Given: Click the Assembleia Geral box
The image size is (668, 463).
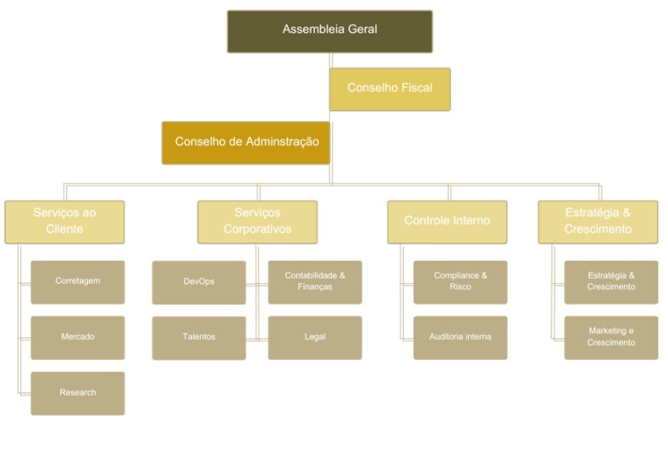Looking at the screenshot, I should pyautogui.click(x=330, y=32).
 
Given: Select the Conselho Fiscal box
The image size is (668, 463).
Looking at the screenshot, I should pyautogui.click(x=390, y=89).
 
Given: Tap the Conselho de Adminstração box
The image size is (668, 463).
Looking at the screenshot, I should pyautogui.click(x=246, y=143).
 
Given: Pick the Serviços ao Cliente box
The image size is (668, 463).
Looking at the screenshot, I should pyautogui.click(x=65, y=222).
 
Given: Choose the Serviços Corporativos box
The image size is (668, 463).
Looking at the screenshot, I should pyautogui.click(x=257, y=222).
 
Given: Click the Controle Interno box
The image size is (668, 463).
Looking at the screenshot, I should pyautogui.click(x=447, y=222).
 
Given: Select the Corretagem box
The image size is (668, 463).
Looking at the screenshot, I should pyautogui.click(x=78, y=282).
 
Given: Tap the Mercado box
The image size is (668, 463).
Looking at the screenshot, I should pyautogui.click(x=78, y=337).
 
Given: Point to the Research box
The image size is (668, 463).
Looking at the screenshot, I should pyautogui.click(x=78, y=393).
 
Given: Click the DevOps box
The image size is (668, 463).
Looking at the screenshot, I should pyautogui.click(x=199, y=282).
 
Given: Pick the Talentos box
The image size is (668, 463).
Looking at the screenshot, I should pyautogui.click(x=199, y=337).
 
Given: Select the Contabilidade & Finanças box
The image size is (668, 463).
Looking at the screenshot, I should pyautogui.click(x=315, y=282).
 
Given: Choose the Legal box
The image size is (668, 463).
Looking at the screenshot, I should pyautogui.click(x=315, y=337).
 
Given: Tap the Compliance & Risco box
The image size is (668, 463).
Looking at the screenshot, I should pyautogui.click(x=460, y=282).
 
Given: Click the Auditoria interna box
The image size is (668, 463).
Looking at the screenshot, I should pyautogui.click(x=460, y=337).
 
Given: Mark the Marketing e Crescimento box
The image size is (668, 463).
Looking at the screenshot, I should pyautogui.click(x=611, y=337).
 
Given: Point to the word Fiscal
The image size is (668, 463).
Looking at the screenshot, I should pyautogui.click(x=416, y=88).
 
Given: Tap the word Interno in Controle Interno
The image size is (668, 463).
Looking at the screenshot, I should pyautogui.click(x=470, y=221).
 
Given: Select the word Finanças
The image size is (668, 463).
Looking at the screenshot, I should pyautogui.click(x=315, y=287).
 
